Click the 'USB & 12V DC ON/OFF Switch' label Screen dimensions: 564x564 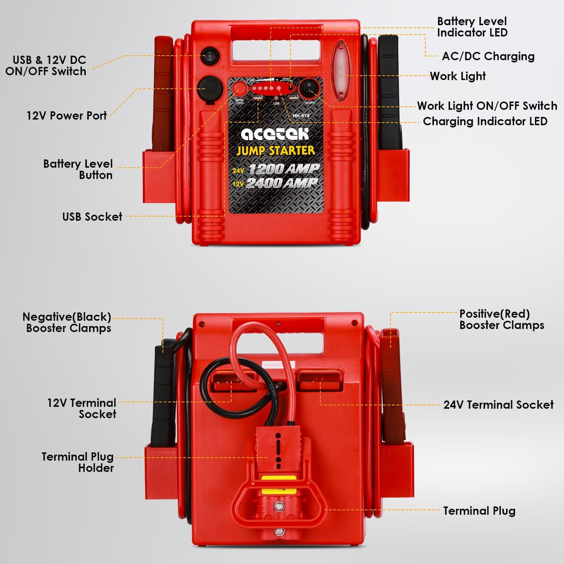(x=46, y=65)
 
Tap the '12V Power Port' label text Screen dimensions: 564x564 (x=67, y=115)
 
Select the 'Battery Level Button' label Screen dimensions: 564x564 (x=78, y=169)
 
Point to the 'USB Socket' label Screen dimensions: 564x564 (x=92, y=217)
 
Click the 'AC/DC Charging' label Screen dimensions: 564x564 (x=488, y=56)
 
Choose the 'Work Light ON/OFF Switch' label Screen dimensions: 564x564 (x=487, y=106)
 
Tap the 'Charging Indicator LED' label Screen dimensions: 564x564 (x=485, y=121)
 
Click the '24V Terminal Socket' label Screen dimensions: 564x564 (x=498, y=405)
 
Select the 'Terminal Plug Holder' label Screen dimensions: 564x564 (x=78, y=462)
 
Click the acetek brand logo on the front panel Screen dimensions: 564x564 (x=275, y=134)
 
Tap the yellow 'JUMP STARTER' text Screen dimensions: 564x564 (x=276, y=151)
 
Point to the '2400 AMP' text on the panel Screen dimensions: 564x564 (x=282, y=183)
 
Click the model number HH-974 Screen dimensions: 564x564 (x=301, y=116)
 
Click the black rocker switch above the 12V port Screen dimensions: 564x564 (x=210, y=56)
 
